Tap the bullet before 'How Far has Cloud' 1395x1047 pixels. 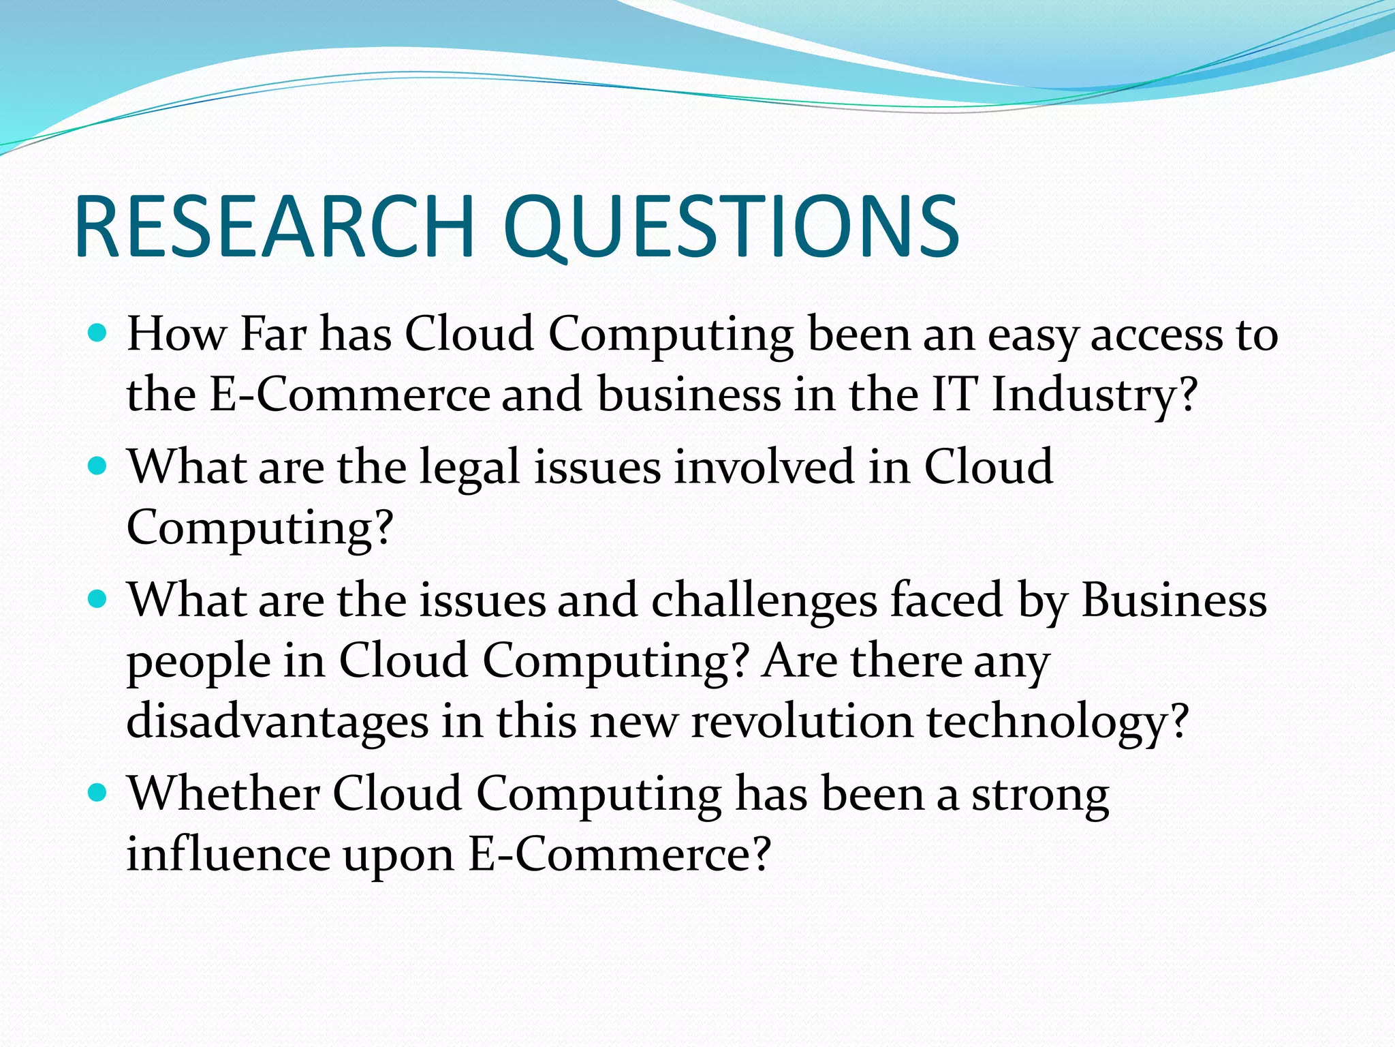tap(99, 333)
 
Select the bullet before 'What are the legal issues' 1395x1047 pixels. tap(99, 466)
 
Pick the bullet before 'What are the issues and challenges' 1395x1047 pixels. tap(99, 600)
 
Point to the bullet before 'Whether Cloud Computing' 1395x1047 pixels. tap(99, 793)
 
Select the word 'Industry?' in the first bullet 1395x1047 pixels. tap(1094, 395)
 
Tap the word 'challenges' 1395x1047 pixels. tap(764, 601)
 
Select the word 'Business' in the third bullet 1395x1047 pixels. tap(1174, 600)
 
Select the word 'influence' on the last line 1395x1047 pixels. tap(228, 853)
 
